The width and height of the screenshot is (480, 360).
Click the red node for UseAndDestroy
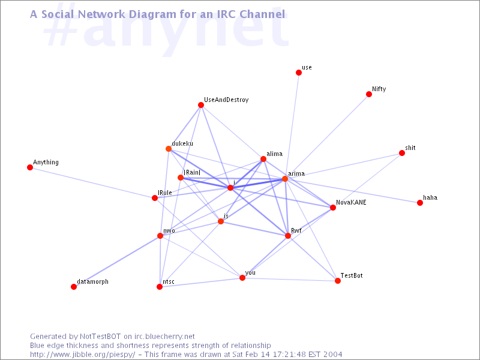click(x=201, y=105)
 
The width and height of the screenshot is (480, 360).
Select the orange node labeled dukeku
click(x=169, y=149)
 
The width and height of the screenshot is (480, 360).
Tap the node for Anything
click(x=30, y=167)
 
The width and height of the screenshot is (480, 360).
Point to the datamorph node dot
click(x=74, y=287)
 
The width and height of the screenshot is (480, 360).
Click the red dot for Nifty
click(x=369, y=94)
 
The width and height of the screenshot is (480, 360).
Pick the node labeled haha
click(x=419, y=203)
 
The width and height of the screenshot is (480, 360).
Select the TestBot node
click(x=338, y=281)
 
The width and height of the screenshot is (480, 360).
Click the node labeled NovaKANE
click(x=333, y=208)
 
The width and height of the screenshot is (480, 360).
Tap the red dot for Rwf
click(x=288, y=235)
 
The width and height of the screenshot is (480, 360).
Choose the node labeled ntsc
click(x=160, y=287)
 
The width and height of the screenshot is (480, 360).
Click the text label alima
click(x=274, y=154)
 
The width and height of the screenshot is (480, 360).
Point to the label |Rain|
click(x=192, y=172)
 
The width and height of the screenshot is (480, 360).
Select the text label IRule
click(x=164, y=193)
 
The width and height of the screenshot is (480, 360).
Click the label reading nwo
click(x=169, y=230)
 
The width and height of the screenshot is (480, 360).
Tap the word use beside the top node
click(x=307, y=67)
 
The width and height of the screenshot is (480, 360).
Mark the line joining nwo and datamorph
click(x=117, y=261)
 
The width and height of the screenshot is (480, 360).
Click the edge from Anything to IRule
click(x=92, y=182)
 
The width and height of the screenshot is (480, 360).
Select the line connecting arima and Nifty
click(x=327, y=136)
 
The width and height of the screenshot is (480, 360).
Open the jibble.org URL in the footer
click(x=82, y=355)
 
